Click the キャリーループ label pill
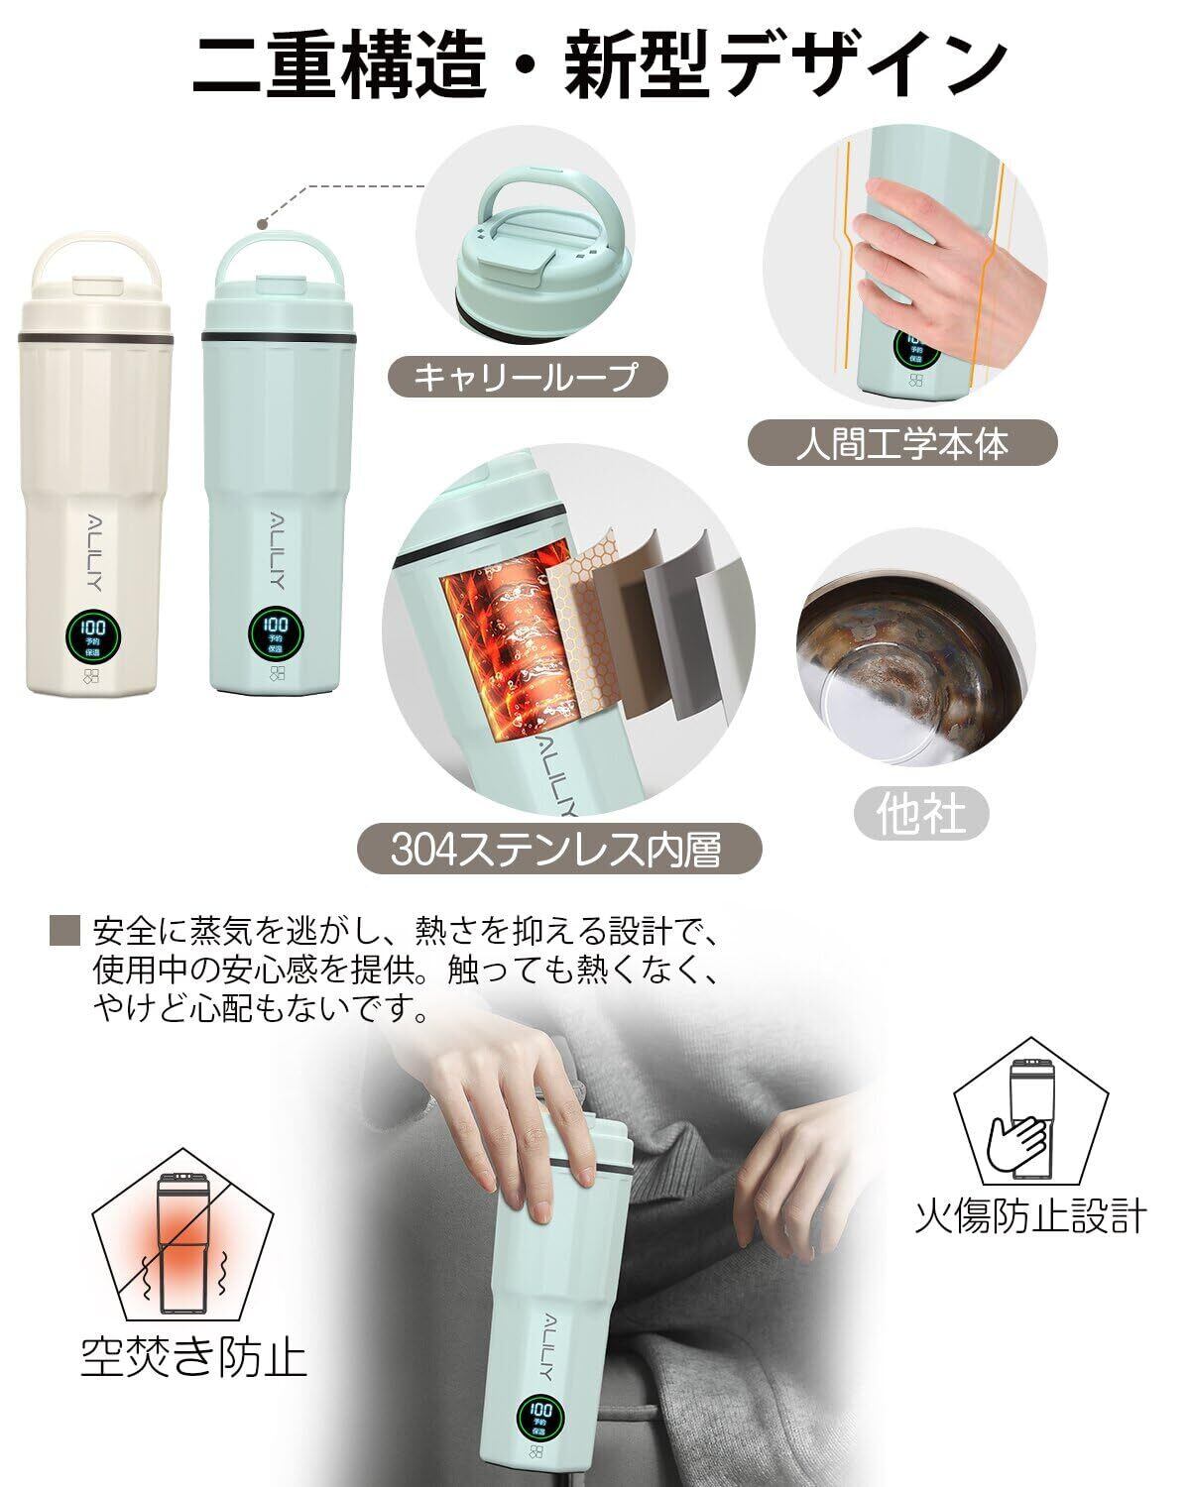(527, 377)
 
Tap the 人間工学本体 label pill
(901, 442)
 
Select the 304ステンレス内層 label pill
(558, 849)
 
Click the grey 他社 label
(921, 813)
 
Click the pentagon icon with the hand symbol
(1029, 1116)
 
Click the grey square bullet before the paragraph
(65, 930)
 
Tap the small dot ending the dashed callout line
(262, 223)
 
